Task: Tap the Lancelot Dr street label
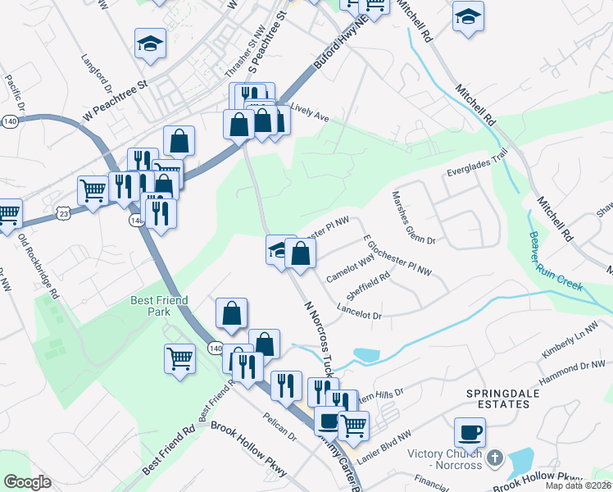(x=360, y=312)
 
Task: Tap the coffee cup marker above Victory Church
(x=470, y=431)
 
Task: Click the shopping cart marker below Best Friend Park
(x=180, y=358)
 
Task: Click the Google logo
(x=28, y=481)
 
